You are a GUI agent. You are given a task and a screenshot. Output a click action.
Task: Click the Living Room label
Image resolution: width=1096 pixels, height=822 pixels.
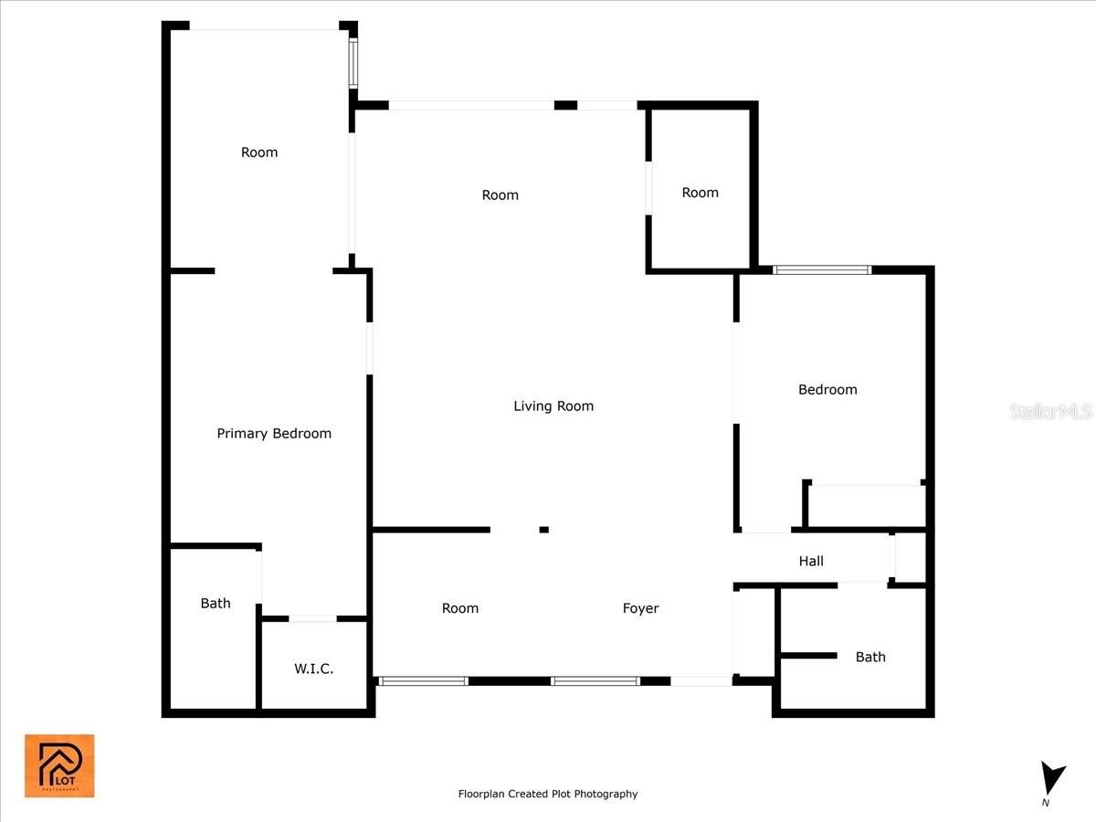click(x=553, y=406)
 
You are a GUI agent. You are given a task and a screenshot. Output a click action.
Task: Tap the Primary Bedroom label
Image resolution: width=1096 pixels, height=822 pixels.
click(x=274, y=434)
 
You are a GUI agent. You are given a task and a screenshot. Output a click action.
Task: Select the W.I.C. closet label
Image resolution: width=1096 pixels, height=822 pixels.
click(x=313, y=669)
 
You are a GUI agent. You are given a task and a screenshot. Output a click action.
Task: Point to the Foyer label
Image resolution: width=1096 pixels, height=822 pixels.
click(x=640, y=608)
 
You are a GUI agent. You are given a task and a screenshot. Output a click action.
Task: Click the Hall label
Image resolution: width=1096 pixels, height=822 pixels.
click(x=811, y=561)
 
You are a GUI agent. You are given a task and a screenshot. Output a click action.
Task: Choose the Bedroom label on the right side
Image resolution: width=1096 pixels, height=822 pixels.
click(x=827, y=390)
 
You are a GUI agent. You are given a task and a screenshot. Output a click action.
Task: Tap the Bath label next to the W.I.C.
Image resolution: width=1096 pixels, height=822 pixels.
click(x=216, y=604)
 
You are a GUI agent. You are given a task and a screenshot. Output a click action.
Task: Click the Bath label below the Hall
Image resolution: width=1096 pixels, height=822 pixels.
click(x=870, y=657)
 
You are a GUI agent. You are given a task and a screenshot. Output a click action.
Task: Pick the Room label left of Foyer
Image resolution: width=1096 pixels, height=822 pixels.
click(x=460, y=608)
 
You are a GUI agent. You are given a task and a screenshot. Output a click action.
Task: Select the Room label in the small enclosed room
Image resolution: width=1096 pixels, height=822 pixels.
click(x=700, y=193)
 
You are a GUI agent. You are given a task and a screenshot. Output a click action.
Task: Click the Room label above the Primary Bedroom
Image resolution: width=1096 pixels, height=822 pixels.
click(x=259, y=153)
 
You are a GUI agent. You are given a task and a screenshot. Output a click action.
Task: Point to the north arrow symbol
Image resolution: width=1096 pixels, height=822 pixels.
click(x=1051, y=777)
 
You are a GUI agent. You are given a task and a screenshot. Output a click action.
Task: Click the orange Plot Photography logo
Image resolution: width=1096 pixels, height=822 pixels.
click(x=59, y=765)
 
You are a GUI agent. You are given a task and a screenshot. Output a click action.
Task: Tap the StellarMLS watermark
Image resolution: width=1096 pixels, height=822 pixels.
click(x=1050, y=411)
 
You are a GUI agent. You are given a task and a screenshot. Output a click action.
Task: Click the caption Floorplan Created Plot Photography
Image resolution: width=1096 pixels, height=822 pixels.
click(x=548, y=794)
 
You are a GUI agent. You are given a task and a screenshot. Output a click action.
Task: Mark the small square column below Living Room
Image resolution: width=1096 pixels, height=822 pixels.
click(x=543, y=530)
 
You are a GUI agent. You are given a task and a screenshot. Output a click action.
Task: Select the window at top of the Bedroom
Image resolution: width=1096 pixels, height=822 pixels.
click(x=822, y=270)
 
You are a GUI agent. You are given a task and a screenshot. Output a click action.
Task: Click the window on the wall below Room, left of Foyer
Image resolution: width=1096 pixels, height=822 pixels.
click(x=423, y=681)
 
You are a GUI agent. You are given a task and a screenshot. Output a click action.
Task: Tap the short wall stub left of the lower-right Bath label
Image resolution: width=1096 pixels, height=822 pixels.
click(x=808, y=655)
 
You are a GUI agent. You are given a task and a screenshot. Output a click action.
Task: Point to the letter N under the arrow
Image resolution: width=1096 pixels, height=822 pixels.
click(x=1045, y=803)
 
